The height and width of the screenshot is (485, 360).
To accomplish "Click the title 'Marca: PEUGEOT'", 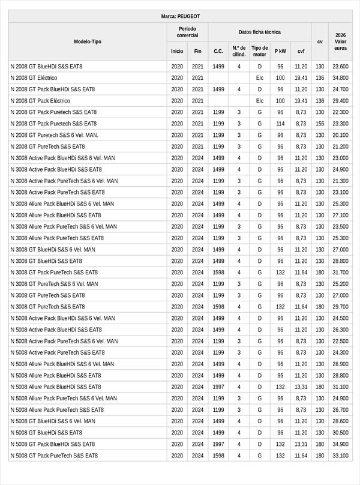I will point(180,16).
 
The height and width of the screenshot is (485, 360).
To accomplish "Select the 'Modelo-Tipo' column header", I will point(88,41).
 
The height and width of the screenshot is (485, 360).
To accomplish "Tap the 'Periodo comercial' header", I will point(187,32).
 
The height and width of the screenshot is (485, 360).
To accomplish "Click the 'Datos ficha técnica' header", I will point(259,32).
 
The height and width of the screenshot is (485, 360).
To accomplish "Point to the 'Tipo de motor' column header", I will point(259,51).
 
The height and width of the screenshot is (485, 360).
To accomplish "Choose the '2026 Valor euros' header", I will point(341,41).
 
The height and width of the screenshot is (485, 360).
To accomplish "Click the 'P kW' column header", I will point(280,51).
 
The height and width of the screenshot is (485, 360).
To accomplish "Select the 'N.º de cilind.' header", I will point(239,51).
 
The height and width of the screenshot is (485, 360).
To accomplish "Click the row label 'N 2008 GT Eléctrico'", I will point(34,78).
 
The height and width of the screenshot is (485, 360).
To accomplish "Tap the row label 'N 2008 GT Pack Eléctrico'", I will point(40,101).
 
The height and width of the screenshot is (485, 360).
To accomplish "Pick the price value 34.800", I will point(341,78).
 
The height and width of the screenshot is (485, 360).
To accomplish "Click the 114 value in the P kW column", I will point(280,124).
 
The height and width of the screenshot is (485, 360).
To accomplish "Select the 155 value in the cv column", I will point(320,124).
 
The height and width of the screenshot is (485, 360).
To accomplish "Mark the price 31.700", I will point(341,273).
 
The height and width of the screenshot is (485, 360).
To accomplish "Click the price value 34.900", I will point(341,444).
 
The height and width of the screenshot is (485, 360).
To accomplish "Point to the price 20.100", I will point(341,135).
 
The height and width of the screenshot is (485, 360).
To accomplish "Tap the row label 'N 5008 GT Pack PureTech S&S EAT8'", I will point(54,456).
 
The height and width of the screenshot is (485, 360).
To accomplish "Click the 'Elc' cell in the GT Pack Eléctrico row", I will point(259,101).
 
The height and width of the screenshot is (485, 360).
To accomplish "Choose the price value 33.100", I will point(341,456).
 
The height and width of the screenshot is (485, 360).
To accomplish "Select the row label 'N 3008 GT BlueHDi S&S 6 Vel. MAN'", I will point(53,250).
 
